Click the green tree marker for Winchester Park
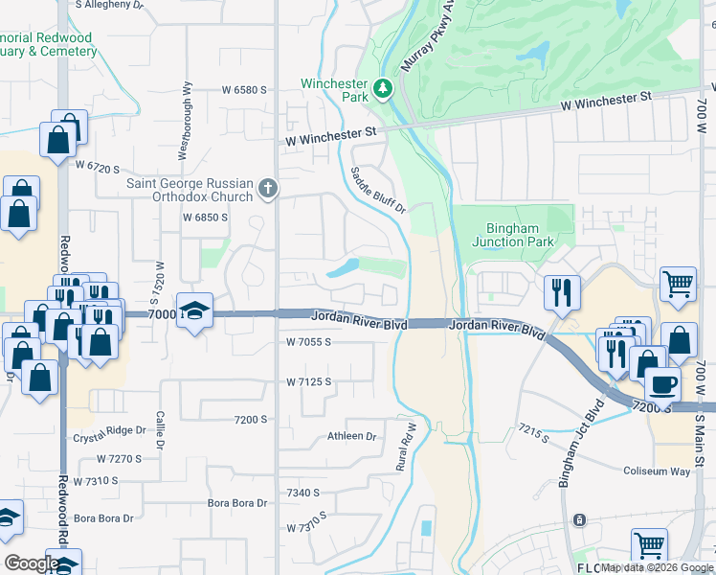(x=383, y=89)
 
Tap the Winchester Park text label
(x=335, y=90)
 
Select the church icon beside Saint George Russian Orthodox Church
(x=268, y=189)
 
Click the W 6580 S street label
(x=243, y=89)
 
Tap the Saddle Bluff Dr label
(x=379, y=190)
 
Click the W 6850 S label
(x=205, y=218)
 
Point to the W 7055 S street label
(x=308, y=341)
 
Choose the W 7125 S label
(x=308, y=381)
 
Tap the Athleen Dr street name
(x=352, y=436)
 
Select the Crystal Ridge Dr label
(x=108, y=438)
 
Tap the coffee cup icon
(x=661, y=385)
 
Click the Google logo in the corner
(x=32, y=563)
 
